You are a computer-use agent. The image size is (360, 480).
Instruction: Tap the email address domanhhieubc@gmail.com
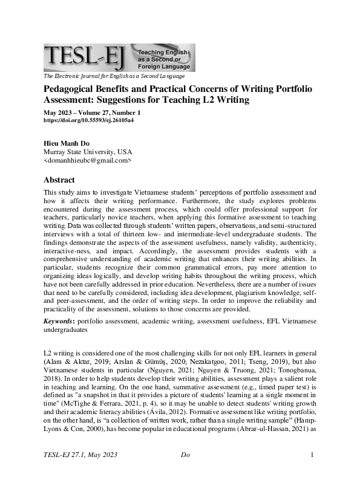88,161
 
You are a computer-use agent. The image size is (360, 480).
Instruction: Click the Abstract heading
59,180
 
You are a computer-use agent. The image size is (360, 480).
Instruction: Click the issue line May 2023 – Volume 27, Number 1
92,112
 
